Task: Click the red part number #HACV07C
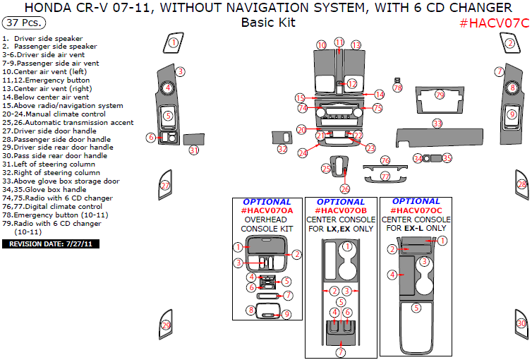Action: tap(493, 23)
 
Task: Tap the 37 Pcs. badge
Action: tap(22, 23)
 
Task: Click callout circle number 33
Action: tap(437, 124)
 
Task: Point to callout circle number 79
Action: tap(440, 95)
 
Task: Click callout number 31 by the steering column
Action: tap(194, 150)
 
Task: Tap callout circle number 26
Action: tap(344, 189)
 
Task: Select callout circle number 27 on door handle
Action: tap(165, 186)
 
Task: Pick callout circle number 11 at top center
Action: tap(339, 42)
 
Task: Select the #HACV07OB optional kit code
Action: tap(341, 210)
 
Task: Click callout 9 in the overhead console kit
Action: tap(286, 314)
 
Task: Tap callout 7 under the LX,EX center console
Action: tap(341, 352)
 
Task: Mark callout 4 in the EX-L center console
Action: tap(392, 274)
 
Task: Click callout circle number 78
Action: tap(397, 88)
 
